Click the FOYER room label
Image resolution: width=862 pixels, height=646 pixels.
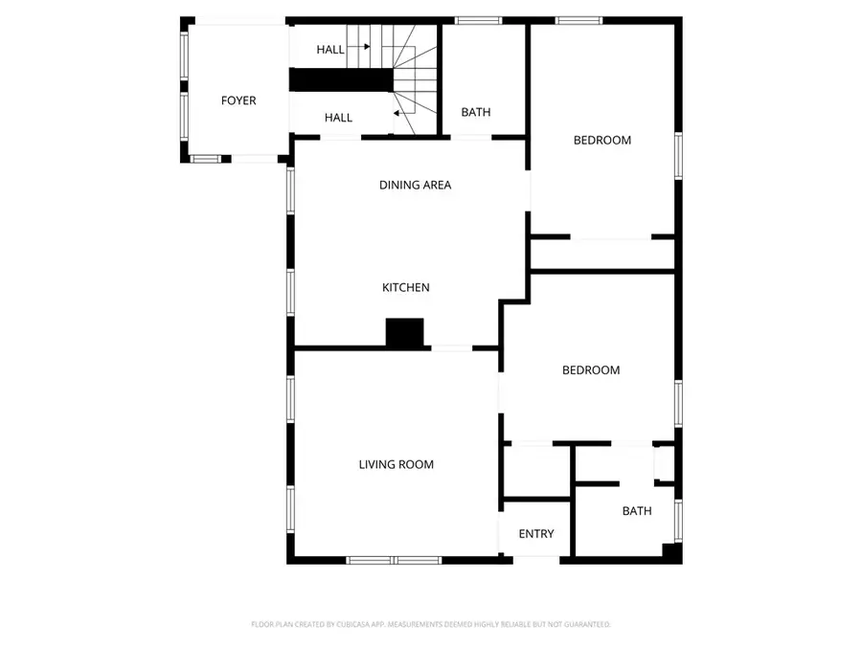pyautogui.click(x=238, y=100)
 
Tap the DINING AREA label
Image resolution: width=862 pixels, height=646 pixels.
pyautogui.click(x=415, y=185)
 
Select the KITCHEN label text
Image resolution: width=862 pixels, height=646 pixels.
pyautogui.click(x=406, y=287)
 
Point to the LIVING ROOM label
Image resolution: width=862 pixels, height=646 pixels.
pyautogui.click(x=396, y=464)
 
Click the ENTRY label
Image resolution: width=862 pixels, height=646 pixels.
pyautogui.click(x=536, y=534)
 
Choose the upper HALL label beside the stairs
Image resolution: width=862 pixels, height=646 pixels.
pyautogui.click(x=331, y=50)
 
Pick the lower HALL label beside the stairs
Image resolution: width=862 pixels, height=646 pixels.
pyautogui.click(x=338, y=118)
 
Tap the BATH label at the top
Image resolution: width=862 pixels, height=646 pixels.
pyautogui.click(x=476, y=112)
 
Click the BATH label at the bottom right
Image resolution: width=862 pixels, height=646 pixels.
pyautogui.click(x=637, y=511)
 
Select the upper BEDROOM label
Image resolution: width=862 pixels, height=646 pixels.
pyautogui.click(x=602, y=140)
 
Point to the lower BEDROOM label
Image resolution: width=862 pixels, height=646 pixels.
pyautogui.click(x=591, y=370)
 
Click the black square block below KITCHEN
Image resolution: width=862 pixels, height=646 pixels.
pyautogui.click(x=404, y=332)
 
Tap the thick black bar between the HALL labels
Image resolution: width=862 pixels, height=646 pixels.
pyautogui.click(x=342, y=79)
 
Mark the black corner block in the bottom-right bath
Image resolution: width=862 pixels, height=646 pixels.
pyautogui.click(x=672, y=552)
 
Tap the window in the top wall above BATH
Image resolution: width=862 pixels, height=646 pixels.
pyautogui.click(x=471, y=20)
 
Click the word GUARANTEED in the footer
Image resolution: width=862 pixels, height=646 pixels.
pyautogui.click(x=583, y=624)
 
